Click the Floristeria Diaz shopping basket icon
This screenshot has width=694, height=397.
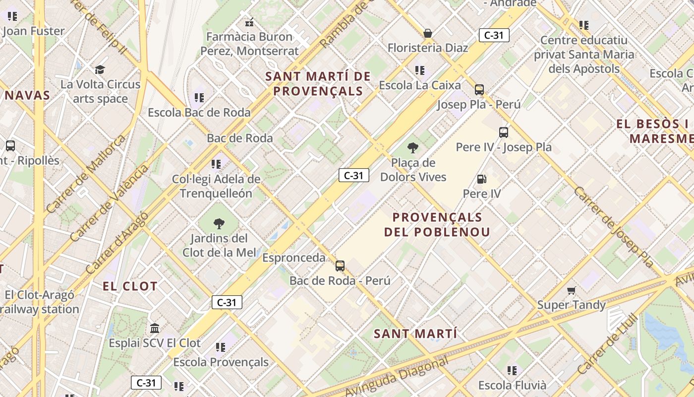(x=427, y=33)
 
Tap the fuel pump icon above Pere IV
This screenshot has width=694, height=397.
(x=481, y=179)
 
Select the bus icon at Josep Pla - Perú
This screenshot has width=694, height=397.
(x=479, y=90)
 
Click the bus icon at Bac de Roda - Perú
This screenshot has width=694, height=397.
(x=340, y=265)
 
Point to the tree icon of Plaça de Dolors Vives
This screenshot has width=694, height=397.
(x=412, y=147)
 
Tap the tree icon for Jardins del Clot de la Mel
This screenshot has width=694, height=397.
(x=219, y=223)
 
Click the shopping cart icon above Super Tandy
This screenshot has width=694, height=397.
(x=571, y=290)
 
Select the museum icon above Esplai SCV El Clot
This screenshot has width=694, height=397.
(x=155, y=328)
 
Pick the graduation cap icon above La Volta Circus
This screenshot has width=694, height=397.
(x=100, y=69)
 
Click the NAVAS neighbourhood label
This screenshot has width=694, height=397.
(x=28, y=95)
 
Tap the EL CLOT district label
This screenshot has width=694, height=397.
(x=130, y=286)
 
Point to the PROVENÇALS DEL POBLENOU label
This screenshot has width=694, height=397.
(x=437, y=224)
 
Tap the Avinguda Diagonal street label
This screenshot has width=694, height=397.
(x=397, y=376)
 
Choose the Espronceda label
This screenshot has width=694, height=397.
(x=294, y=258)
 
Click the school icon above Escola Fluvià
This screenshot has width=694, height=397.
(x=512, y=370)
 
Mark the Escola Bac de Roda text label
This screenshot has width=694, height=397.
(x=199, y=113)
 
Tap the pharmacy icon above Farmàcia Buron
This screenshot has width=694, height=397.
(x=249, y=22)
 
